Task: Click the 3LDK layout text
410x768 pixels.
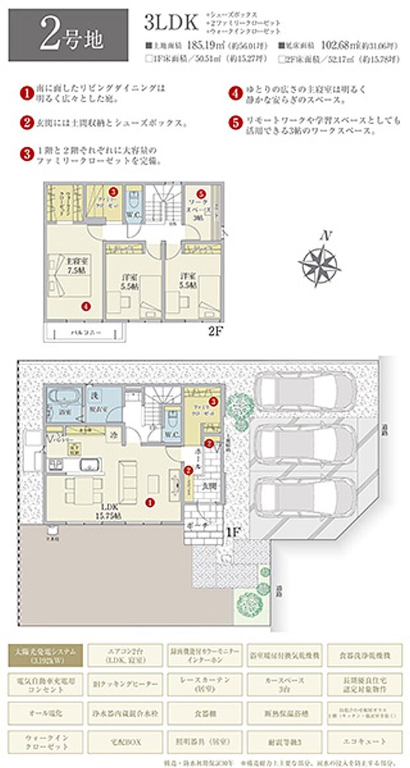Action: coord(171,22)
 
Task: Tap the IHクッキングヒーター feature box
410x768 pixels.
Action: coord(123,683)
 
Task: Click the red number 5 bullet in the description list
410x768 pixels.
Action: coord(235,123)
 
